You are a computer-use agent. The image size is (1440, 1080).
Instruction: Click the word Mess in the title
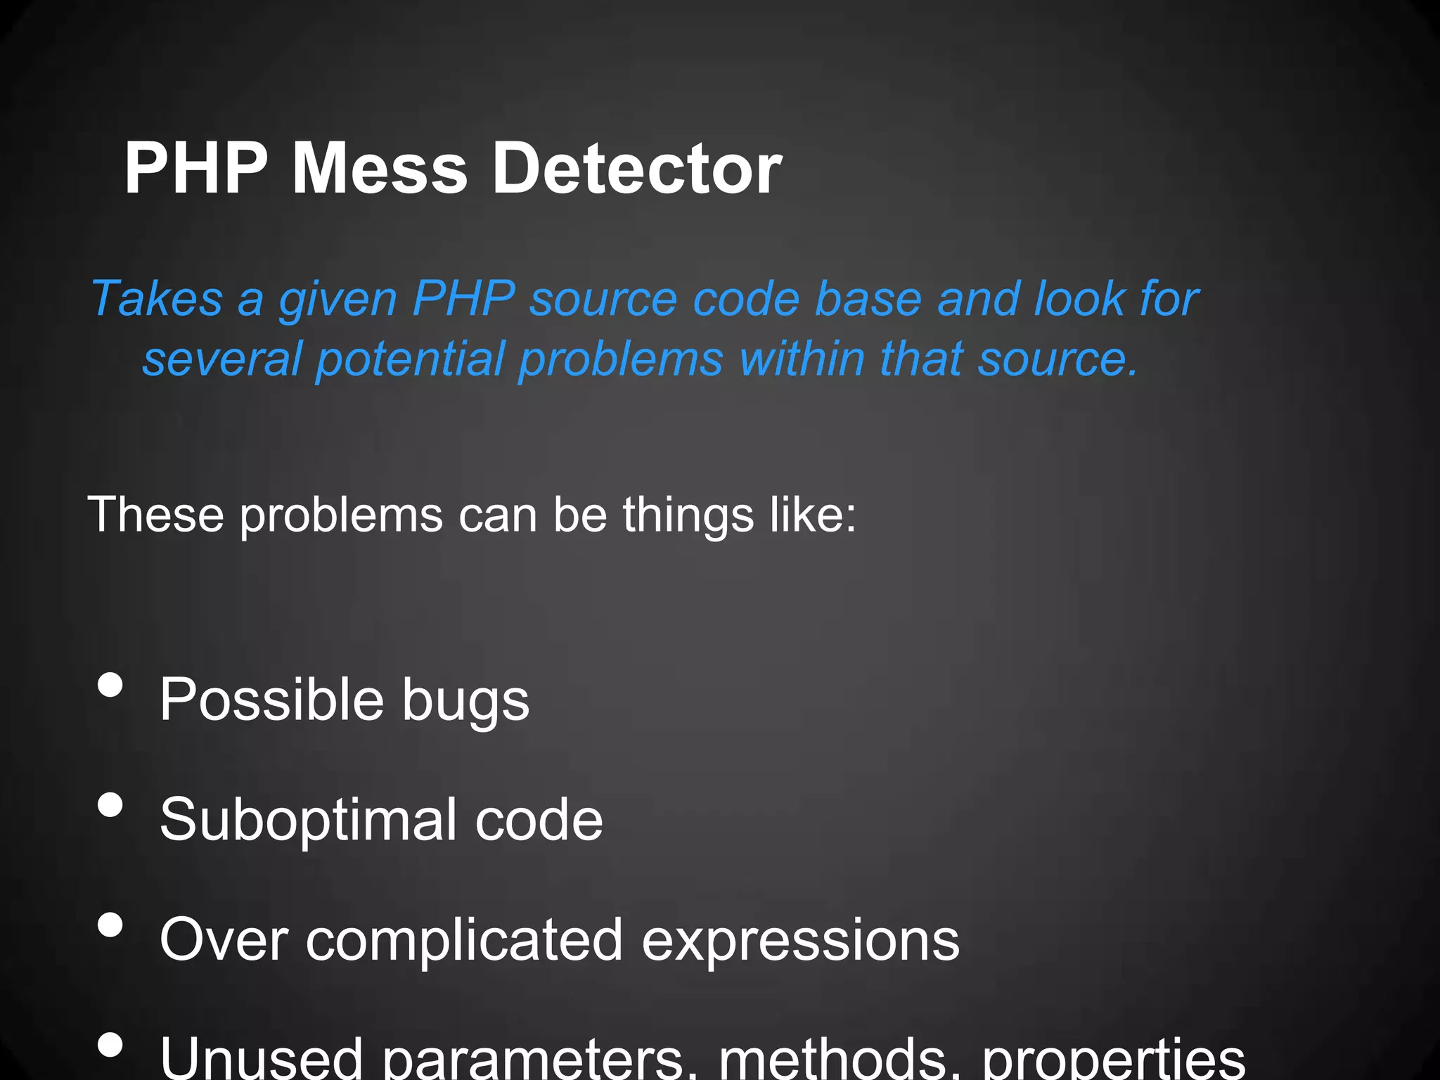coord(379,169)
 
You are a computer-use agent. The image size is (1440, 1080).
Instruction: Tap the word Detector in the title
coord(636,169)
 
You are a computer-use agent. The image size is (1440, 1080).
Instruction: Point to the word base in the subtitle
coord(868,299)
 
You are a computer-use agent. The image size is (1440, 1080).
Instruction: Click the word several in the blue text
coord(221,359)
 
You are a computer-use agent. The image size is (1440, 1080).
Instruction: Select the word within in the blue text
coord(802,359)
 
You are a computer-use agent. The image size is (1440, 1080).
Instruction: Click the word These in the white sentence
coord(155,515)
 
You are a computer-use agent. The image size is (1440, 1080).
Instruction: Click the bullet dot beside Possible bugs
coord(110,684)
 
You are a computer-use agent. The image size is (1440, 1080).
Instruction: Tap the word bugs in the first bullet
coord(465,702)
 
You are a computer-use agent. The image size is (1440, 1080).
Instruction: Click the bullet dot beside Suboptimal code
coord(110,804)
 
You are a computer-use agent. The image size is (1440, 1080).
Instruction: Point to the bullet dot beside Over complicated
coord(110,925)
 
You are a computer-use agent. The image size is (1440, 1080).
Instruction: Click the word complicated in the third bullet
coord(464,941)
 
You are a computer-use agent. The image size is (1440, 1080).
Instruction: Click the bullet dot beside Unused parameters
coord(110,1044)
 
